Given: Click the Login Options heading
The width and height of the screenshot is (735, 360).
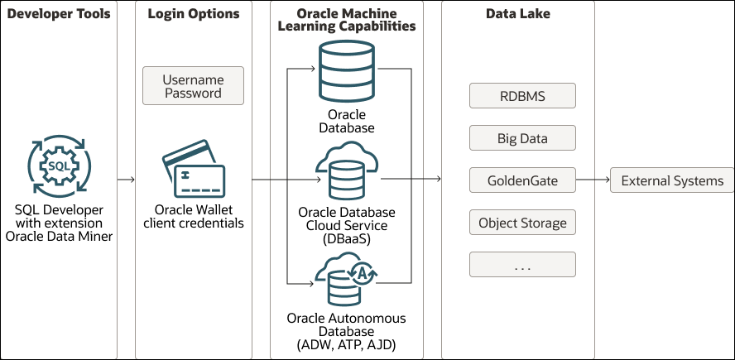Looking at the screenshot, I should point(194,14).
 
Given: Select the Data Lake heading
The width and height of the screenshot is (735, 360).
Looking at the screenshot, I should point(517,14).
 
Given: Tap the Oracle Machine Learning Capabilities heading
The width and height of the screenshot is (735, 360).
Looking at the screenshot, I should point(347,20).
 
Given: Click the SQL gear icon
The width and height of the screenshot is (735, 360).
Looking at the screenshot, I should point(60,166).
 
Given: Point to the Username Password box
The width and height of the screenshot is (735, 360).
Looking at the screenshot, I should point(194,86).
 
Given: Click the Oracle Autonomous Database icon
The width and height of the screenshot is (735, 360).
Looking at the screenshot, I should point(347,280).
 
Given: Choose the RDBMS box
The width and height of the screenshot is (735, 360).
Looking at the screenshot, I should point(522,95).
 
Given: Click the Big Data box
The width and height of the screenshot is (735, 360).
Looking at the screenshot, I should point(522,138).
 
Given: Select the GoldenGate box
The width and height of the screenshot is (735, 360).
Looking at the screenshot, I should point(522,180).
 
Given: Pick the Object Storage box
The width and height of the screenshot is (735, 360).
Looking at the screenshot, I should point(522,223).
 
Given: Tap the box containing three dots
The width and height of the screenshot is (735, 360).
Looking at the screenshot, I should point(522,265).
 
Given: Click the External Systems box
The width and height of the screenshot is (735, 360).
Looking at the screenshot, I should point(671,180).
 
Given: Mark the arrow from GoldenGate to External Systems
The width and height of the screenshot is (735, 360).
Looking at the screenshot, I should point(592,180).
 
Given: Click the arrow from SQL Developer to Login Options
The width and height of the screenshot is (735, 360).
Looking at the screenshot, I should point(127,179).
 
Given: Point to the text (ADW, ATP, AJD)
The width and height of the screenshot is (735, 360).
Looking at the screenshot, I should point(347,344).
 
